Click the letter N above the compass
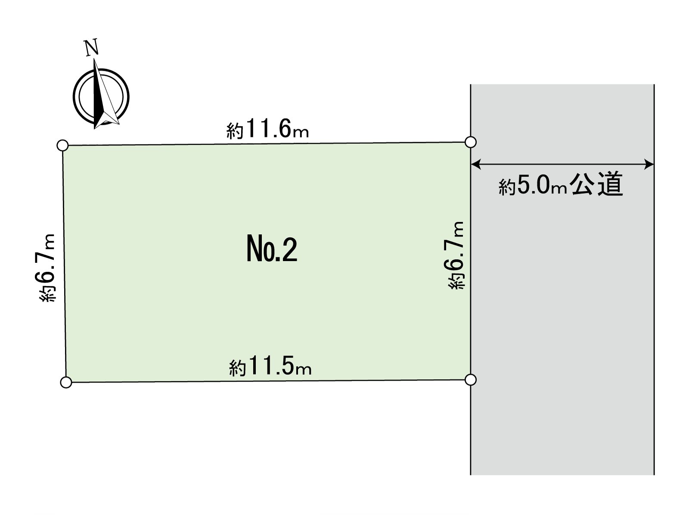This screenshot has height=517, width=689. coord(92,48)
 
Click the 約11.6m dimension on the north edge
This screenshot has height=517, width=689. coord(268,129)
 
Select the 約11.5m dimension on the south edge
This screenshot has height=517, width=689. coord(270,366)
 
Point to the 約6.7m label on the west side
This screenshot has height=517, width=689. coord(47,268)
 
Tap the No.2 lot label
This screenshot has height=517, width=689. coord(272,249)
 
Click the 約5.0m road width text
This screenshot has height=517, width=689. coord(533,186)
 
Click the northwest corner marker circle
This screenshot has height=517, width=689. coord(63,145)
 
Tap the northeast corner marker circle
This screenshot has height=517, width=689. coord(470,142)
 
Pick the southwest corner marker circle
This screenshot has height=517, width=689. coord(66,382)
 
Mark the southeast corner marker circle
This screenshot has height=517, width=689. coord(470,380)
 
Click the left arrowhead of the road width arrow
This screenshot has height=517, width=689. coord(476,164)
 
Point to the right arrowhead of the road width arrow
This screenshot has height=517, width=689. coord(649,164)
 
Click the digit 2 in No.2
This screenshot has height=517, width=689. coord(289,249)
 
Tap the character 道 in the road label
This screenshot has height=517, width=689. coord(610,184)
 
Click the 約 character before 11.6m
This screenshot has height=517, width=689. coord(235,131)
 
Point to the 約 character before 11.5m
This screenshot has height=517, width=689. coord(237,368)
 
